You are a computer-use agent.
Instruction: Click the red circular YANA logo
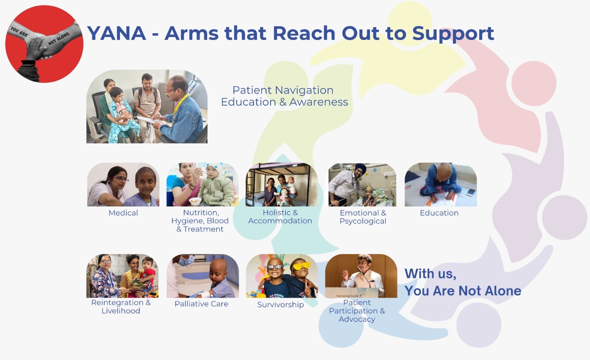(x=44, y=44)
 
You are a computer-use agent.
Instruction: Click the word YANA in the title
(x=116, y=33)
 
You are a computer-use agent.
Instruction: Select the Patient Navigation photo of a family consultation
(x=147, y=107)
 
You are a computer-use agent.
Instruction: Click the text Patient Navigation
(x=283, y=90)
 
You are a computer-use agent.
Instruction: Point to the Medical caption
(x=123, y=213)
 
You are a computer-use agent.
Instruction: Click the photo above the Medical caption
(x=123, y=185)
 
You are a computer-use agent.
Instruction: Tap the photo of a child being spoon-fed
(x=202, y=185)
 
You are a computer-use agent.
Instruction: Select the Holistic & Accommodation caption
(x=280, y=217)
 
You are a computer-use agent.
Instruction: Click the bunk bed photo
(x=281, y=185)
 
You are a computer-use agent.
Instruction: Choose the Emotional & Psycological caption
(x=363, y=217)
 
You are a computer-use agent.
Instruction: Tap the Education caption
(x=439, y=213)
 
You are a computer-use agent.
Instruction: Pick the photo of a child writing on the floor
(x=441, y=185)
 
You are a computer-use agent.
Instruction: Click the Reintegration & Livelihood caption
(x=121, y=307)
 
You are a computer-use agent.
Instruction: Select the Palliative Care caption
(x=201, y=304)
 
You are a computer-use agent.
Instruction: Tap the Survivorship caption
(x=280, y=305)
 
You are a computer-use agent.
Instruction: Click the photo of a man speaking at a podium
(x=361, y=276)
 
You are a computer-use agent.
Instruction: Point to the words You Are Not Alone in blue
(x=463, y=291)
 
